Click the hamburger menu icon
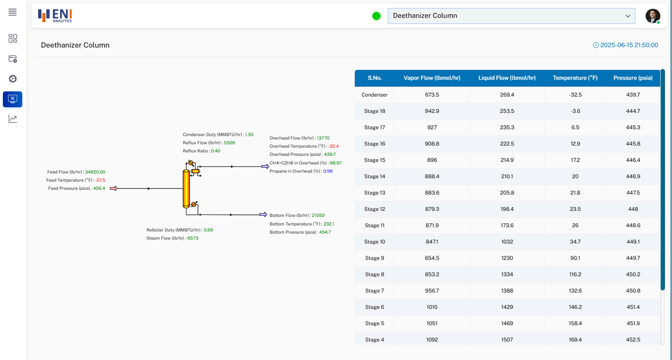[x=12, y=12]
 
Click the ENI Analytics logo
[x=55, y=16]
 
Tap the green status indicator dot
[x=376, y=16]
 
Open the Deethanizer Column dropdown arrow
[x=628, y=16]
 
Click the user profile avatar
[x=652, y=16]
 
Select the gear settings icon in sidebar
[x=12, y=79]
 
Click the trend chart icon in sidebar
[x=12, y=119]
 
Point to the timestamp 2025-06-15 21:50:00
[x=629, y=45]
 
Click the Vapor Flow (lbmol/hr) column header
[x=432, y=78]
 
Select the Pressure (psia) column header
[x=633, y=78]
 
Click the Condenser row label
[x=375, y=95]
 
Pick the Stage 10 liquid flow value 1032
[x=507, y=241]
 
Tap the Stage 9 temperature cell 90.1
[x=575, y=258]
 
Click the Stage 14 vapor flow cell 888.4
[x=432, y=176]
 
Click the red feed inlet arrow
[x=113, y=188]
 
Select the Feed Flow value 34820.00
[x=95, y=172]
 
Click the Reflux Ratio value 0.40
[x=215, y=151]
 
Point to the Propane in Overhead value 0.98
[x=328, y=171]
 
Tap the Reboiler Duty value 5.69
[x=208, y=230]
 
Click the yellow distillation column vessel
[x=186, y=189]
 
